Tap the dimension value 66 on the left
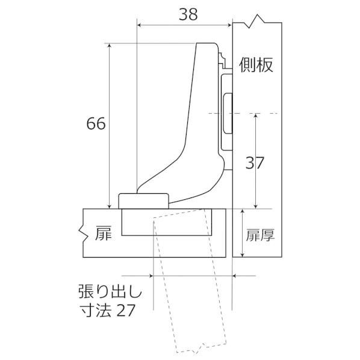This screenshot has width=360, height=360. (x=96, y=124)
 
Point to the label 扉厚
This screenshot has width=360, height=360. (x=260, y=235)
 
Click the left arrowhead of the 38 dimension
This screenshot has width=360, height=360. (x=140, y=25)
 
